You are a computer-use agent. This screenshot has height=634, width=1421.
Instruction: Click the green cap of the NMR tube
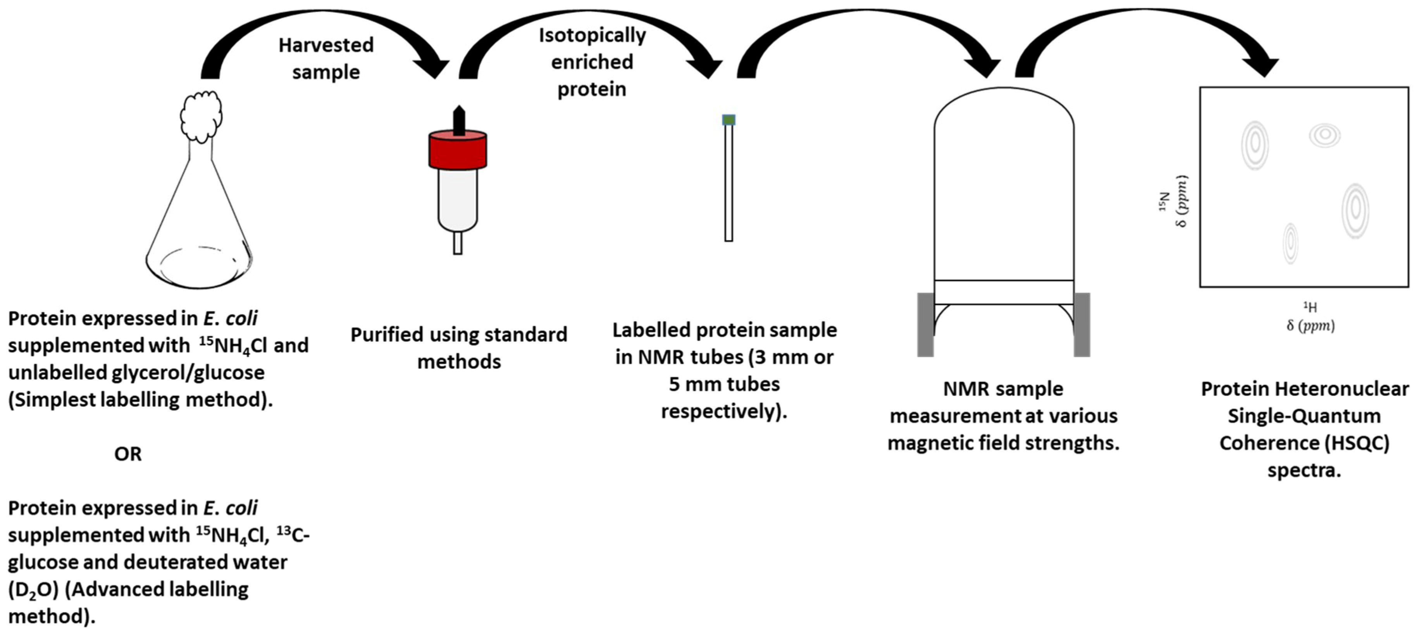click(x=729, y=120)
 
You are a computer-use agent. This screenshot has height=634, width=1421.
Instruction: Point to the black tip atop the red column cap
click(x=458, y=120)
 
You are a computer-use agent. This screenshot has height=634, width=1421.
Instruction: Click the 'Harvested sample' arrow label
click(x=326, y=58)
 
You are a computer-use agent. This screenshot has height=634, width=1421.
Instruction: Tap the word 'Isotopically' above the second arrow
click(x=592, y=35)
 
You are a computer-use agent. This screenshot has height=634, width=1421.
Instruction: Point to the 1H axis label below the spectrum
click(x=1310, y=307)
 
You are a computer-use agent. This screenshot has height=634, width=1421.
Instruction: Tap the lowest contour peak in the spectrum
click(x=1290, y=242)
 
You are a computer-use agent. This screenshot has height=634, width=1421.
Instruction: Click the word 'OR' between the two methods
click(x=127, y=454)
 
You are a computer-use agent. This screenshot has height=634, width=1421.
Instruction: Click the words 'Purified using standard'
click(x=458, y=334)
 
